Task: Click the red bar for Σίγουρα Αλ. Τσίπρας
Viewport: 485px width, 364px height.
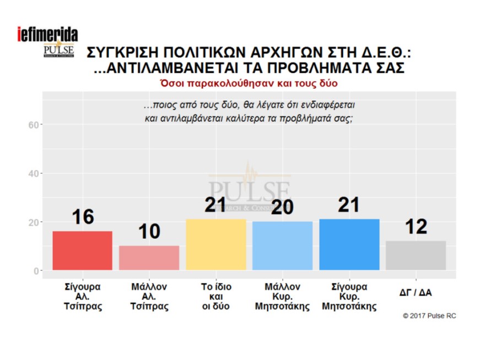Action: click(x=82, y=250)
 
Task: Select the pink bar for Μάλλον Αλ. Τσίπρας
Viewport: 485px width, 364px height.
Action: click(x=149, y=258)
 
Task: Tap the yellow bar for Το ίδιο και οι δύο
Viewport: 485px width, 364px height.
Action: click(x=216, y=244)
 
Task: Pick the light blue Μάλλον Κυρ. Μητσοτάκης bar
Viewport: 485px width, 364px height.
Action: click(x=282, y=245)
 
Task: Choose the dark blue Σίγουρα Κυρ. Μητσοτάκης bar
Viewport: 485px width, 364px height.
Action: click(x=349, y=244)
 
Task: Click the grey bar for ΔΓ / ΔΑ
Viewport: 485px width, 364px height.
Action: click(x=416, y=255)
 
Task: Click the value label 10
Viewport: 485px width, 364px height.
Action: click(x=149, y=232)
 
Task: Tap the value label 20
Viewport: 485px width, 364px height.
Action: click(x=282, y=207)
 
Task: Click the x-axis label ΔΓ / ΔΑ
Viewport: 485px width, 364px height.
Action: click(x=416, y=293)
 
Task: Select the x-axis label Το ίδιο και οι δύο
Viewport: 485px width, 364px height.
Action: click(x=216, y=297)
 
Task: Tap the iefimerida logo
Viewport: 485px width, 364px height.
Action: click(x=47, y=34)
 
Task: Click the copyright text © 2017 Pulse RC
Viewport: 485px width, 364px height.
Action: click(x=429, y=316)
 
